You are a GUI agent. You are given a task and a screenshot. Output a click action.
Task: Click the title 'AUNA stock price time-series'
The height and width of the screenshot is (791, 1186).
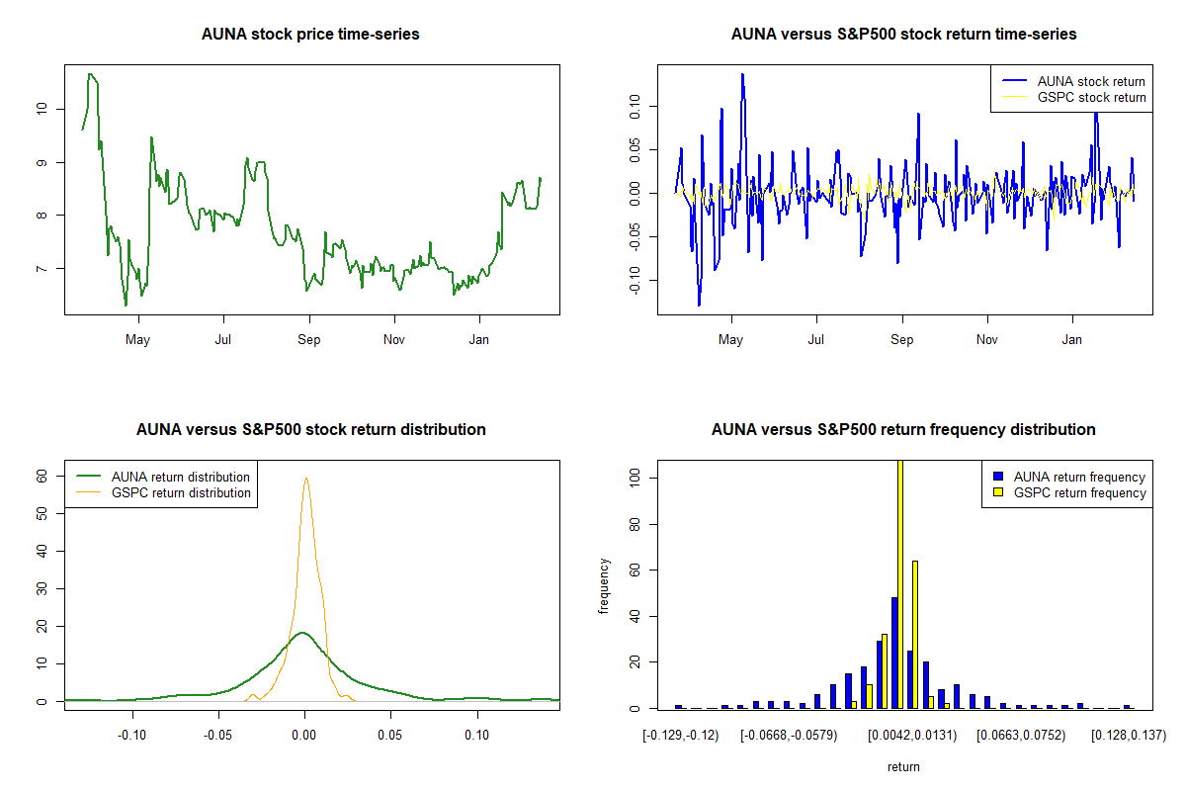coord(310,35)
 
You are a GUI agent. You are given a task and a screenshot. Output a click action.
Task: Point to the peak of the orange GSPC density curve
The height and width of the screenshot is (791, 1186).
coord(305,479)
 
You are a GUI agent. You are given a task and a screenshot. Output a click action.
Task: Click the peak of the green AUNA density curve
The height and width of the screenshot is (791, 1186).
coord(302,633)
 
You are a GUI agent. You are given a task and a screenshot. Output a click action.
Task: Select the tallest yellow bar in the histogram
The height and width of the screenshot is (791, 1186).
coord(899,583)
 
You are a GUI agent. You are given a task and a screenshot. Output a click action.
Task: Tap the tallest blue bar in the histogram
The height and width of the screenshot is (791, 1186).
coord(893,653)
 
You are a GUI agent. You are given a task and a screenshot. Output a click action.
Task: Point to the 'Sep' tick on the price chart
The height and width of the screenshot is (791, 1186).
coord(309,340)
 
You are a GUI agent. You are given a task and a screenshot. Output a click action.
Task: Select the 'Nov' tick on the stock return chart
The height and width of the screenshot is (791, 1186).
coord(987,340)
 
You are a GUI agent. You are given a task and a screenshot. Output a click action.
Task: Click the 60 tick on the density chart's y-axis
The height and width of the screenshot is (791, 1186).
coord(42,476)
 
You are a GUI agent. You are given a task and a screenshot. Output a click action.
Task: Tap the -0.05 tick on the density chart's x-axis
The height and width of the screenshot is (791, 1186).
coord(218,736)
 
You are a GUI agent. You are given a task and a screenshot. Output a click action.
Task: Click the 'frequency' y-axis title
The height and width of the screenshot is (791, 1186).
coord(604,585)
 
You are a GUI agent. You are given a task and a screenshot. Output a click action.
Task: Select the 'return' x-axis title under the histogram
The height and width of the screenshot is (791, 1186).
coord(903,766)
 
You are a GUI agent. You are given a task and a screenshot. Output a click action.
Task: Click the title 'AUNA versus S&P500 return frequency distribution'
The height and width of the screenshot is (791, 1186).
coord(903,430)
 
